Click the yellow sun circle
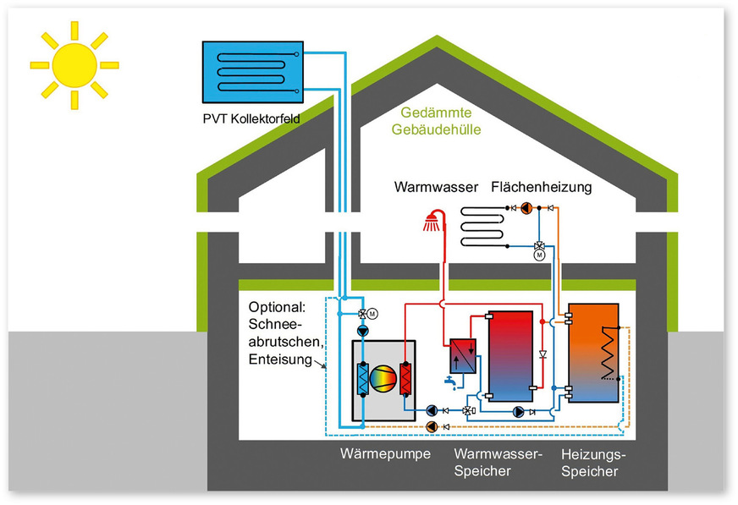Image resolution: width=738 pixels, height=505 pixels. pyautogui.click(x=74, y=64)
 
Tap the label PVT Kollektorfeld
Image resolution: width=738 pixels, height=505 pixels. pyautogui.click(x=252, y=118)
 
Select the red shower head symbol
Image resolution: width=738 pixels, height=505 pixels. pyautogui.click(x=433, y=222)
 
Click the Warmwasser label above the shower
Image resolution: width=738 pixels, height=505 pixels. pyautogui.click(x=432, y=186)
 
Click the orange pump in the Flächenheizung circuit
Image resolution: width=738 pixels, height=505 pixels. pyautogui.click(x=526, y=207)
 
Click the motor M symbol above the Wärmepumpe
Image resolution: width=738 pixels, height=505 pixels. pyautogui.click(x=373, y=315)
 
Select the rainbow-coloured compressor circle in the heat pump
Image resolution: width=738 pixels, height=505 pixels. pyautogui.click(x=383, y=378)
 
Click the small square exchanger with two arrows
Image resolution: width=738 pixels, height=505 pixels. pyautogui.click(x=462, y=353)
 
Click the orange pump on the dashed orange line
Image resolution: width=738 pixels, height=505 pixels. pyautogui.click(x=433, y=425)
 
